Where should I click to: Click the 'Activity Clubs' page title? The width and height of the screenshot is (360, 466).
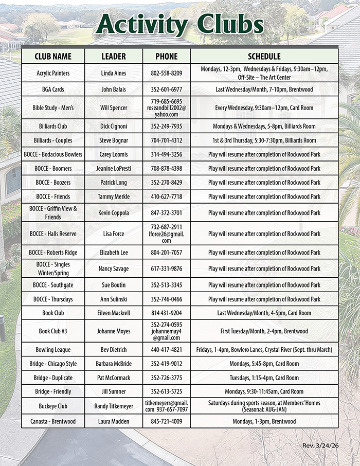coord(180,25)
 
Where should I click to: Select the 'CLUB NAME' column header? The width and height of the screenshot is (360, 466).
coord(53,56)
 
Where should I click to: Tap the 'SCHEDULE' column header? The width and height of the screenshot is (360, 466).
coord(264,56)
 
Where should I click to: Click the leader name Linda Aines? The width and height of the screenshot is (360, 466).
coord(114,73)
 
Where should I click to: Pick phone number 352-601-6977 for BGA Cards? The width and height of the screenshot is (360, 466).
coord(167,89)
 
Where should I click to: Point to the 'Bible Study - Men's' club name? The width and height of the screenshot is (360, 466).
coord(53,108)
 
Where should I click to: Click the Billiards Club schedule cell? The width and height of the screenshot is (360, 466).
coord(264,126)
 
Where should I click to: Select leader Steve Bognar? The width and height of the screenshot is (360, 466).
coord(114,140)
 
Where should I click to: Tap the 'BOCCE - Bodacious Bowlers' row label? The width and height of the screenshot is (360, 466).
coord(53,154)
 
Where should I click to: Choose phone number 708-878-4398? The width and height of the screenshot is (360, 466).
coord(167,168)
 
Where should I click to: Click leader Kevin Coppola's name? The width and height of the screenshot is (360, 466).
coord(114,212)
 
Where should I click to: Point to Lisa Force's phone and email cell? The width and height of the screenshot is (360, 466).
coord(167,234)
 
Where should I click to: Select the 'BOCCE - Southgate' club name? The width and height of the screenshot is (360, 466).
coord(53,285)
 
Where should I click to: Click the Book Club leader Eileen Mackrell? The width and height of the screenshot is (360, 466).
coord(114,313)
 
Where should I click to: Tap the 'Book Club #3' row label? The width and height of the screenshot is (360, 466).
coord(53,331)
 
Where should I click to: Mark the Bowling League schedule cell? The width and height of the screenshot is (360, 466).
coord(264,350)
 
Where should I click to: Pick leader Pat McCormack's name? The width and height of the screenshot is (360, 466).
coord(114,378)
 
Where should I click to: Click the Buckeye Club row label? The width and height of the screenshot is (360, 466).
coord(53,406)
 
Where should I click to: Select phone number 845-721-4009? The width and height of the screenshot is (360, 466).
coord(167,421)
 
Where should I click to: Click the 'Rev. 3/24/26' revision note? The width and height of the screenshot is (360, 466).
coord(320,444)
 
